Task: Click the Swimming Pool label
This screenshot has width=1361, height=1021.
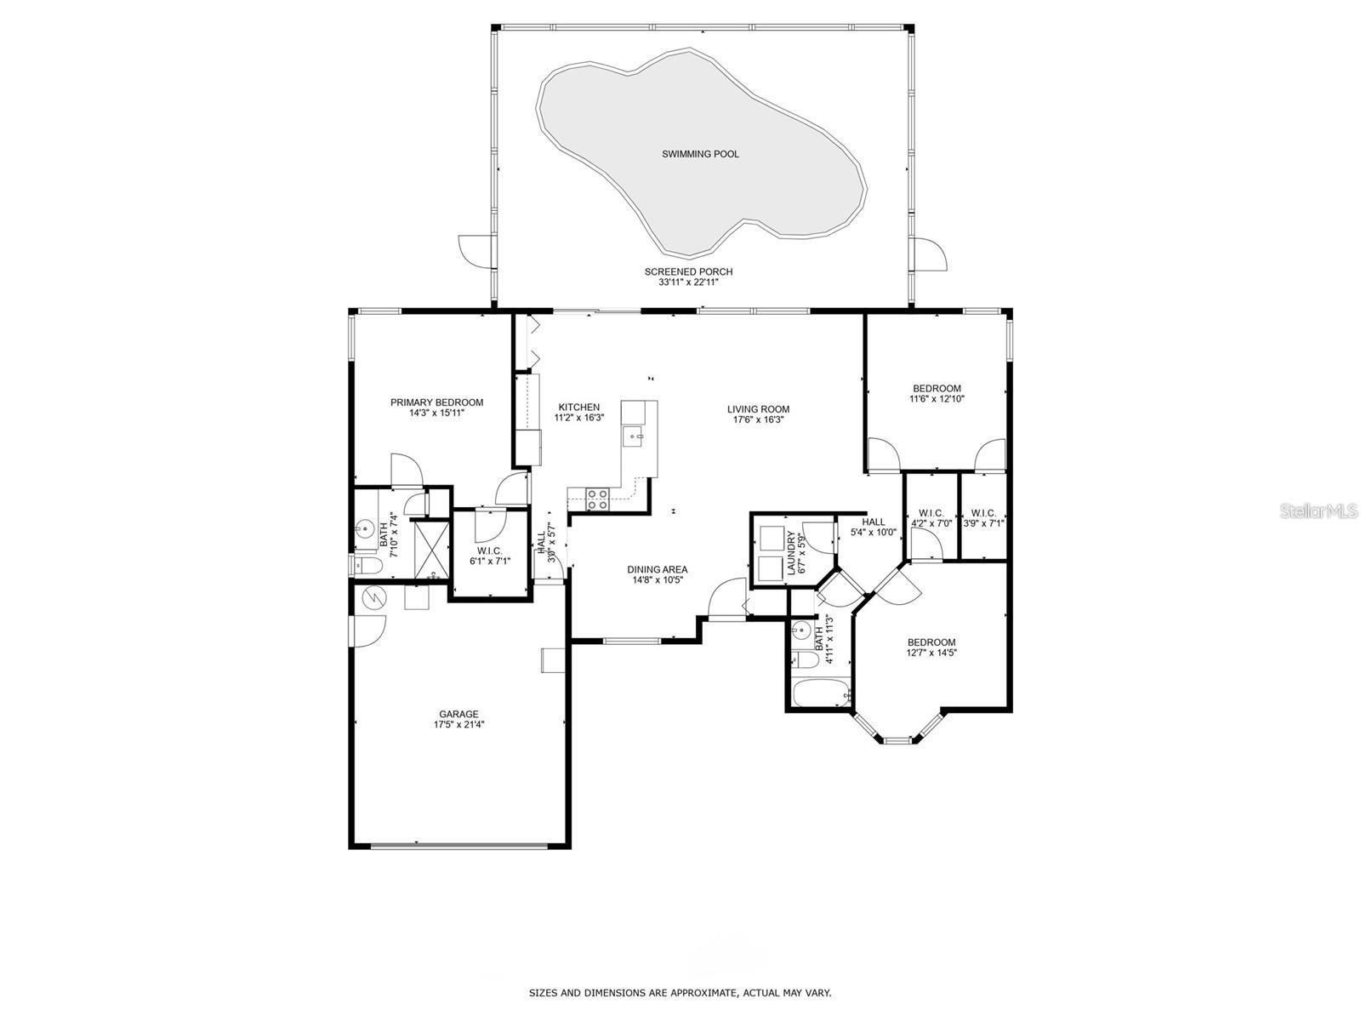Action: pos(700,154)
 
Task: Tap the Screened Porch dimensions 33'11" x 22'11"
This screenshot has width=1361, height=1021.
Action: pos(687,282)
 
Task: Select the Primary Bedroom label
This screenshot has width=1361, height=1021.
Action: pos(436,402)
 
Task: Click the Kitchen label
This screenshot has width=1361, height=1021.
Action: pos(578,408)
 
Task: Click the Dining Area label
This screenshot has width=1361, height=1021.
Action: pos(657,570)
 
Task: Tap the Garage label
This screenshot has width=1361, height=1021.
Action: pos(458,715)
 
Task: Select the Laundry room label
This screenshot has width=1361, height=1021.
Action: pos(791,552)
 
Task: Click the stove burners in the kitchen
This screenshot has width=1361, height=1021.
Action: pos(597,499)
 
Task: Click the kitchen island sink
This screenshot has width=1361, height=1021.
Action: pos(633,437)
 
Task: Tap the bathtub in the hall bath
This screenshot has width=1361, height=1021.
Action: pos(822,694)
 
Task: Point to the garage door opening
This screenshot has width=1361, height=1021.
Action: pos(459,845)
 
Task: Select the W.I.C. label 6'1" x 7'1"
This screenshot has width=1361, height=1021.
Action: pos(489,556)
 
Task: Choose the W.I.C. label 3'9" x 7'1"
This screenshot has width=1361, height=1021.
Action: pos(983,517)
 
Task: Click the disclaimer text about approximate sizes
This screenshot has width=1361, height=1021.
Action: pos(680,993)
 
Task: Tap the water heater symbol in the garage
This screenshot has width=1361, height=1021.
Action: pos(373,598)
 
